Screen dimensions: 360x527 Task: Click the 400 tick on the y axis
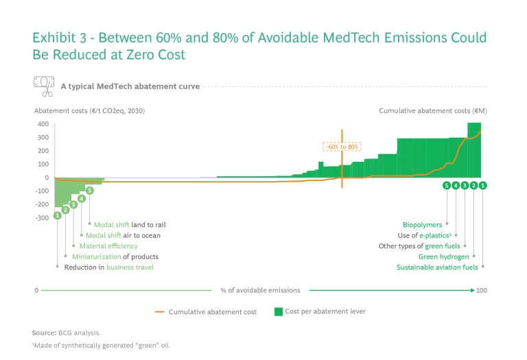coord(43,124)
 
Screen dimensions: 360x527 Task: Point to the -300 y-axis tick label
coord(40,218)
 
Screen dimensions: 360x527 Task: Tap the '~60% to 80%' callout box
coord(342,147)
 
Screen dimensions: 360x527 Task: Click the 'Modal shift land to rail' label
coord(130,224)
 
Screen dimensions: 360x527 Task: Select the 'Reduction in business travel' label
coord(109,267)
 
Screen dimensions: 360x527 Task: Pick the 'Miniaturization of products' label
coord(115,256)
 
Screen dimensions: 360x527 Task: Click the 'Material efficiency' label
coord(108,245)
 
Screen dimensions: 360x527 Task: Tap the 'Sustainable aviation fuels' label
coord(437,267)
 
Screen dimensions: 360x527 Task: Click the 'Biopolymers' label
coord(423,224)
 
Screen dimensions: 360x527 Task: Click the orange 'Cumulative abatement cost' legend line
coord(160,312)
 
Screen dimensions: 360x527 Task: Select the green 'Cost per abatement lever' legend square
coord(279,311)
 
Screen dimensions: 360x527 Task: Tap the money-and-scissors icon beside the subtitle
coord(44,86)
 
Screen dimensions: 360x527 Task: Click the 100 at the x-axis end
coord(482,291)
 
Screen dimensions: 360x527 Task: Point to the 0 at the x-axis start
coord(36,291)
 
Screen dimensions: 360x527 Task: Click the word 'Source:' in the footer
coord(44,333)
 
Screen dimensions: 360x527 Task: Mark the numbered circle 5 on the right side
coord(447,185)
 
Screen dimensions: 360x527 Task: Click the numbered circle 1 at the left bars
coord(57,215)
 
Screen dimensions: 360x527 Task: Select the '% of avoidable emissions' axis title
coord(260,291)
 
